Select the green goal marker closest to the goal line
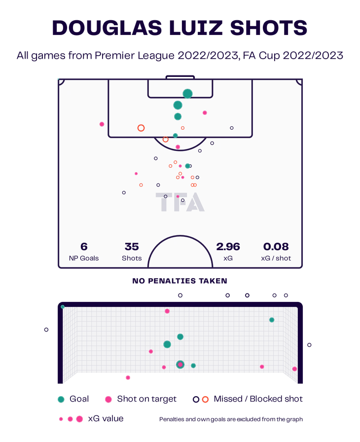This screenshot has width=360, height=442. pos(187,94)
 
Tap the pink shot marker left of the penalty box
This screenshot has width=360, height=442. pos(102,124)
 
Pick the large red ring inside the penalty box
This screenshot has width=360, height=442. pos(141,128)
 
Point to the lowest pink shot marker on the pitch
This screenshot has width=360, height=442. pos(178,196)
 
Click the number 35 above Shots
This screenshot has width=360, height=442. pos(132,247)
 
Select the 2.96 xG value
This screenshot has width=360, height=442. pos(228,247)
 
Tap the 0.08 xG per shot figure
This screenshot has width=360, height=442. pos(276,247)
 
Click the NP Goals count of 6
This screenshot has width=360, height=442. pos(84,247)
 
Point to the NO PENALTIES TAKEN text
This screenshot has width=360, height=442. pos(180,281)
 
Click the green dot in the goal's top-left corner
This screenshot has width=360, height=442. pos(63,307)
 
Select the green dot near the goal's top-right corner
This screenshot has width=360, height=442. pos(272,320)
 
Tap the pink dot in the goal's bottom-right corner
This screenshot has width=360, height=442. pos(294,369)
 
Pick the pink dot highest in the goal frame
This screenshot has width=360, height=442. pos(167,311)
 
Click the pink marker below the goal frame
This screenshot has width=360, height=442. pos(128,378)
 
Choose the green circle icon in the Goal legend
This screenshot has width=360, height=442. pos(61,399)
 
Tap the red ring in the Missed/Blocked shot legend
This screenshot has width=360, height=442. pos(205,399)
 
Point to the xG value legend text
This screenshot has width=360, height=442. pos(106,419)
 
